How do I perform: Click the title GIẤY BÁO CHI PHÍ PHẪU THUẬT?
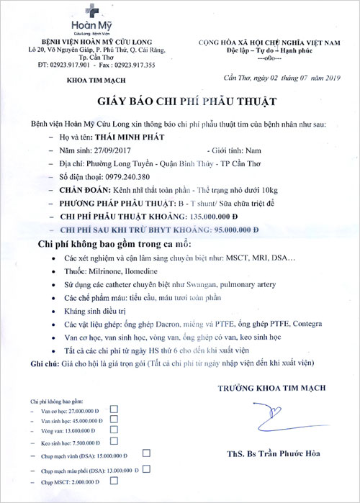pyautogui.click(x=179, y=101)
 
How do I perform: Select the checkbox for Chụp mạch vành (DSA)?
pyautogui.click(x=146, y=454)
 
